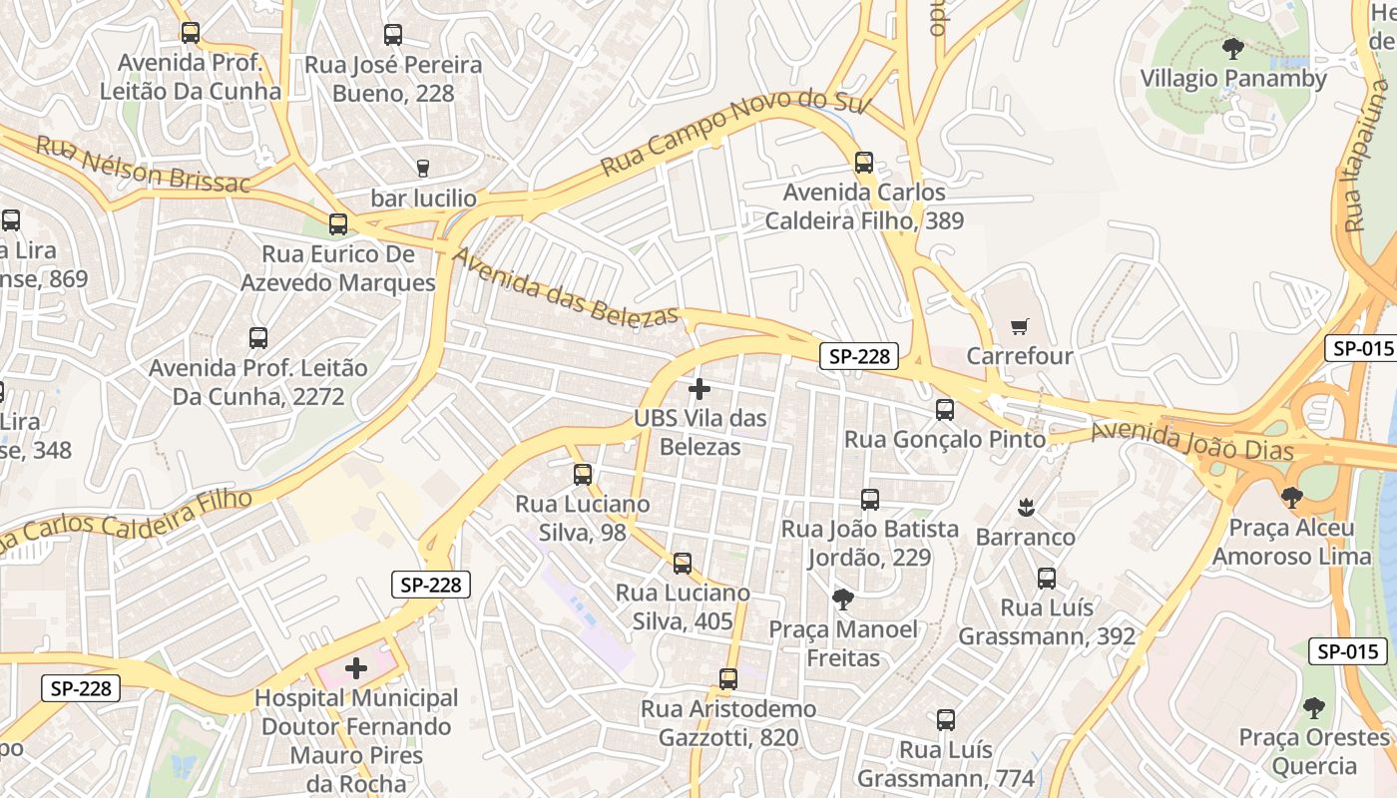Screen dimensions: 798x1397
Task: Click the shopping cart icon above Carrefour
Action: point(1019,326)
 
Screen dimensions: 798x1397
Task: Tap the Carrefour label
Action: point(1020,356)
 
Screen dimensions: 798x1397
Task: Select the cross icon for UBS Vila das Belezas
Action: point(699,389)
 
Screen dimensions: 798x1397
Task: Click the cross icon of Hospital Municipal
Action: point(356,668)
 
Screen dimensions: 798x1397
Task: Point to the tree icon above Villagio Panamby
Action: point(1233,48)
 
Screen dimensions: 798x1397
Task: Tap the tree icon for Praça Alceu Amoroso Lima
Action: point(1292,497)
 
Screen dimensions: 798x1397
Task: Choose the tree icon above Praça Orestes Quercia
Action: point(1314,708)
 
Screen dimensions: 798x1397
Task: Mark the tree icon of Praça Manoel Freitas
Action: point(843,599)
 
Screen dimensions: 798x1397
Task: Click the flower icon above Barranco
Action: point(1025,507)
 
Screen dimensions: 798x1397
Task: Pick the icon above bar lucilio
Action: point(423,168)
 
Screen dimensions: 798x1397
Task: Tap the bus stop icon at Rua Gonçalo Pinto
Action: point(945,409)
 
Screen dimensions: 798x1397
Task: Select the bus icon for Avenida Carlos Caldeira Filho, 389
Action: point(864,162)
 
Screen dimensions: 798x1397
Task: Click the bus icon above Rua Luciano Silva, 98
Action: point(583,474)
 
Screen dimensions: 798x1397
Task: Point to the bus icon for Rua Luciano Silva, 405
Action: point(683,564)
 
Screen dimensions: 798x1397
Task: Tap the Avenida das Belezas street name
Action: point(566,287)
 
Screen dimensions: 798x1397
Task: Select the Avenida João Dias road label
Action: point(1191,441)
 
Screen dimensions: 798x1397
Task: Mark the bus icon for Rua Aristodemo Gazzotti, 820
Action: point(728,679)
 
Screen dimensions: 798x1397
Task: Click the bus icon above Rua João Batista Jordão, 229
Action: point(870,499)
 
